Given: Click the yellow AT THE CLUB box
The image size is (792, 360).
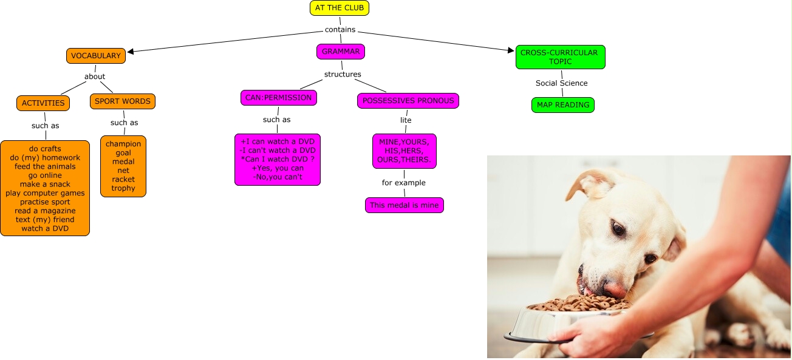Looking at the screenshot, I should coord(339,8).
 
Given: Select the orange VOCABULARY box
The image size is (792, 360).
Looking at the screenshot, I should coord(96,56).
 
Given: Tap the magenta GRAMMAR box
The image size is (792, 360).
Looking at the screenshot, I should coord(341,52).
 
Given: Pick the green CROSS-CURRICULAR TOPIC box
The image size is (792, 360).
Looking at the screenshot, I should coord(560,57).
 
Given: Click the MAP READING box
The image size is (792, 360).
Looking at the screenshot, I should coord(563,105).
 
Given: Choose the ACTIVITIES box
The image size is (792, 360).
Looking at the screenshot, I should coord(43,103).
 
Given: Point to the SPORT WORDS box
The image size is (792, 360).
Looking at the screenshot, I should coord(123,101).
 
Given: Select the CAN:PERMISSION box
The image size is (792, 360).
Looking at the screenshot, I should coord(278,97).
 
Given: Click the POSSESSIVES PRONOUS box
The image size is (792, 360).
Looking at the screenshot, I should coord(408,101).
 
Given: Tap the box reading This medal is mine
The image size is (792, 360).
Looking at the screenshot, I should coord(404,205).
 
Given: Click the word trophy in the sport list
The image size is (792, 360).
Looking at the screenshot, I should coord(123,188).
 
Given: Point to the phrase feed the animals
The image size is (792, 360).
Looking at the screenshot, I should coord(45,166).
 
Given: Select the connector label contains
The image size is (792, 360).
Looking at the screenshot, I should coord(340,29).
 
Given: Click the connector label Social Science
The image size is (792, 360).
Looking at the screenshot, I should coord(561,83).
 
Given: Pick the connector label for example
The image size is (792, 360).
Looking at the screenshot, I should coord(404,183).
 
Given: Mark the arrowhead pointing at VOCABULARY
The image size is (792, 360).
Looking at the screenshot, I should coord(131,52).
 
